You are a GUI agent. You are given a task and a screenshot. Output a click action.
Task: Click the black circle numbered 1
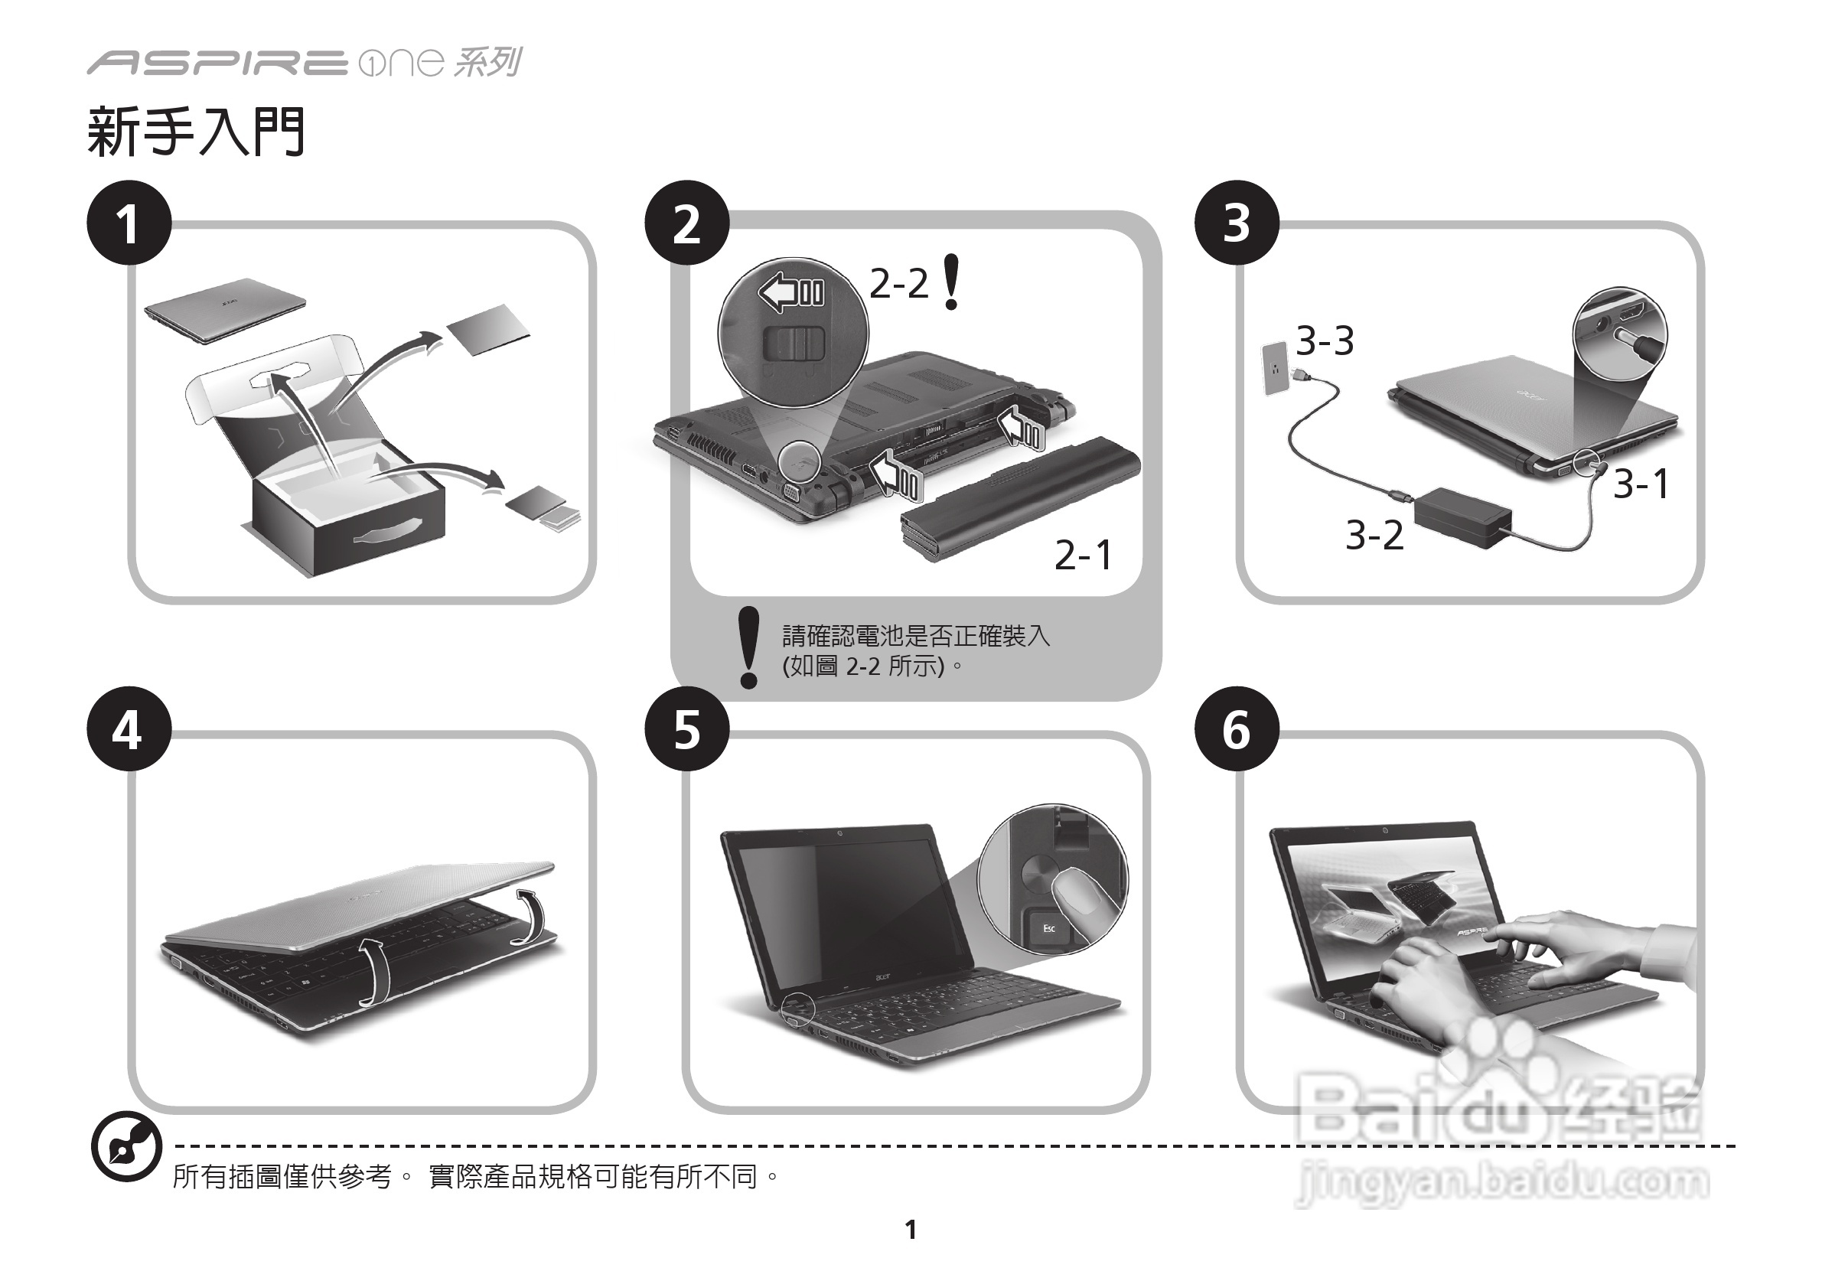coord(129,223)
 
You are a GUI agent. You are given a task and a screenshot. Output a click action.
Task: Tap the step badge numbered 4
coord(129,728)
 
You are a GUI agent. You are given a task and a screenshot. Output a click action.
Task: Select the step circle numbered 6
coord(1236,728)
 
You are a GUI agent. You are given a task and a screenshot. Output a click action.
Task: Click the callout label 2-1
coord(1084,555)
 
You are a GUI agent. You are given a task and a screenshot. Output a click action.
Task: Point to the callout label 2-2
coord(898,283)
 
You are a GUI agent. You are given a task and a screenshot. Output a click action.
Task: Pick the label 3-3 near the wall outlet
coord(1325,341)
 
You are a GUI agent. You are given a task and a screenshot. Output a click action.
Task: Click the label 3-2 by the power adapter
coord(1374,535)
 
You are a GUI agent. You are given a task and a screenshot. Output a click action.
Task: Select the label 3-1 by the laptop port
coord(1641,484)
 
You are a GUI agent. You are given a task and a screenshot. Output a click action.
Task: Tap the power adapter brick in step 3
coord(1462,517)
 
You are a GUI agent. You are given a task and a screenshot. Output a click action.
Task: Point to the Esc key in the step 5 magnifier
coord(1048,927)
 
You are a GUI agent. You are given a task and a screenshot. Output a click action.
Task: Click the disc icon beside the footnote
coord(126,1147)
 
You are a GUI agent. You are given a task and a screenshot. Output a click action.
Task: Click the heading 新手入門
coord(196,132)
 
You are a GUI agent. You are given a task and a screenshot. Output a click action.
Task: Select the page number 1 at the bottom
coord(910,1229)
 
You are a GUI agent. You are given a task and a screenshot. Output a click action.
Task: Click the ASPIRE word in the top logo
coord(216,63)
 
